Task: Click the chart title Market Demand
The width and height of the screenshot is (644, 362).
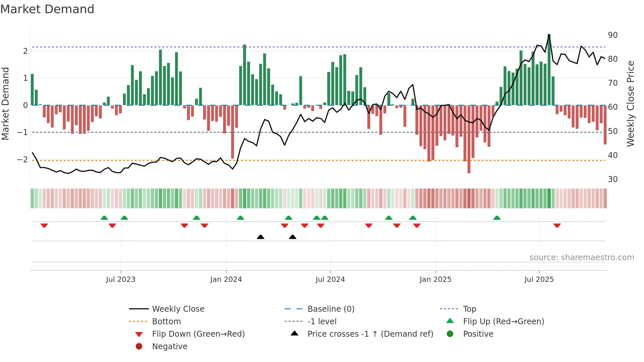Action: click(x=47, y=9)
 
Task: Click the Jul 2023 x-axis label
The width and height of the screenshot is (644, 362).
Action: click(x=121, y=280)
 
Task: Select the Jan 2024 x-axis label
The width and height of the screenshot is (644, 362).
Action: click(x=226, y=280)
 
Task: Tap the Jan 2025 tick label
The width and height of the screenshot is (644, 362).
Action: click(x=435, y=280)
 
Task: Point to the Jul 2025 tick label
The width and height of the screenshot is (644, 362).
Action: click(x=539, y=280)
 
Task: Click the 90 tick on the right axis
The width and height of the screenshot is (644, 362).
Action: click(x=612, y=35)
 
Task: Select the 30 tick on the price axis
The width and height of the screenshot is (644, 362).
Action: click(x=612, y=179)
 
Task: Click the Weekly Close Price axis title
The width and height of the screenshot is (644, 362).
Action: click(x=630, y=103)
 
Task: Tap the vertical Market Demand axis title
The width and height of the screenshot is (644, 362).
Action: click(x=5, y=103)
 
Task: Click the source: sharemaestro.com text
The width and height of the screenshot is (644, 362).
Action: click(x=582, y=258)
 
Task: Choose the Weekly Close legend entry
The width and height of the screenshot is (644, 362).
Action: click(x=178, y=309)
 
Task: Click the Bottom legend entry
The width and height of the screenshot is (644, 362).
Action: click(x=166, y=322)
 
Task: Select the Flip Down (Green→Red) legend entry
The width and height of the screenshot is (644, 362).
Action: click(x=198, y=334)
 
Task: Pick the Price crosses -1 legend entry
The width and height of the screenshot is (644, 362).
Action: click(x=370, y=334)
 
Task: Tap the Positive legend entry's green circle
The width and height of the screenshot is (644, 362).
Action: click(x=450, y=334)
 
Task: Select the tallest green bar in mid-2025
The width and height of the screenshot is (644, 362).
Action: click(x=549, y=69)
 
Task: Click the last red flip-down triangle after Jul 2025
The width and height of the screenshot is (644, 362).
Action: click(x=557, y=225)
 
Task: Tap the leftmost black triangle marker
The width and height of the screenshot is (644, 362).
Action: click(x=261, y=237)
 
